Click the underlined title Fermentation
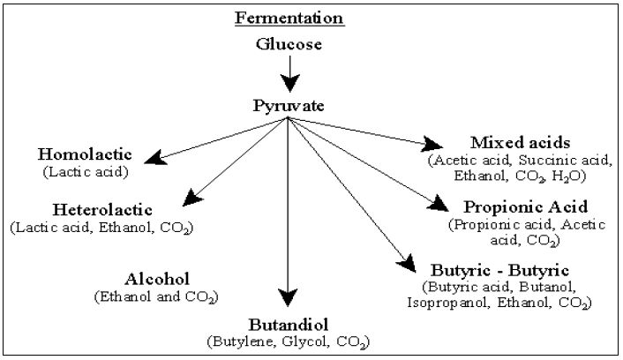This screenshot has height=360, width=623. [287, 19]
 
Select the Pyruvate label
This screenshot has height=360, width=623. [288, 107]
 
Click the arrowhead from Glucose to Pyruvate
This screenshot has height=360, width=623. [288, 83]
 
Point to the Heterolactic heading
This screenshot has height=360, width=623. [102, 211]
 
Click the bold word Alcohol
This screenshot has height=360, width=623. [157, 279]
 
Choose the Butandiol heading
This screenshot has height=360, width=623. [288, 323]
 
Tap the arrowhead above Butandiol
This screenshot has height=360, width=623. [288, 298]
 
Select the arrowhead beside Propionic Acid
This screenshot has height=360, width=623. [439, 206]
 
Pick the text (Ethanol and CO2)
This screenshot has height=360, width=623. [157, 296]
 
